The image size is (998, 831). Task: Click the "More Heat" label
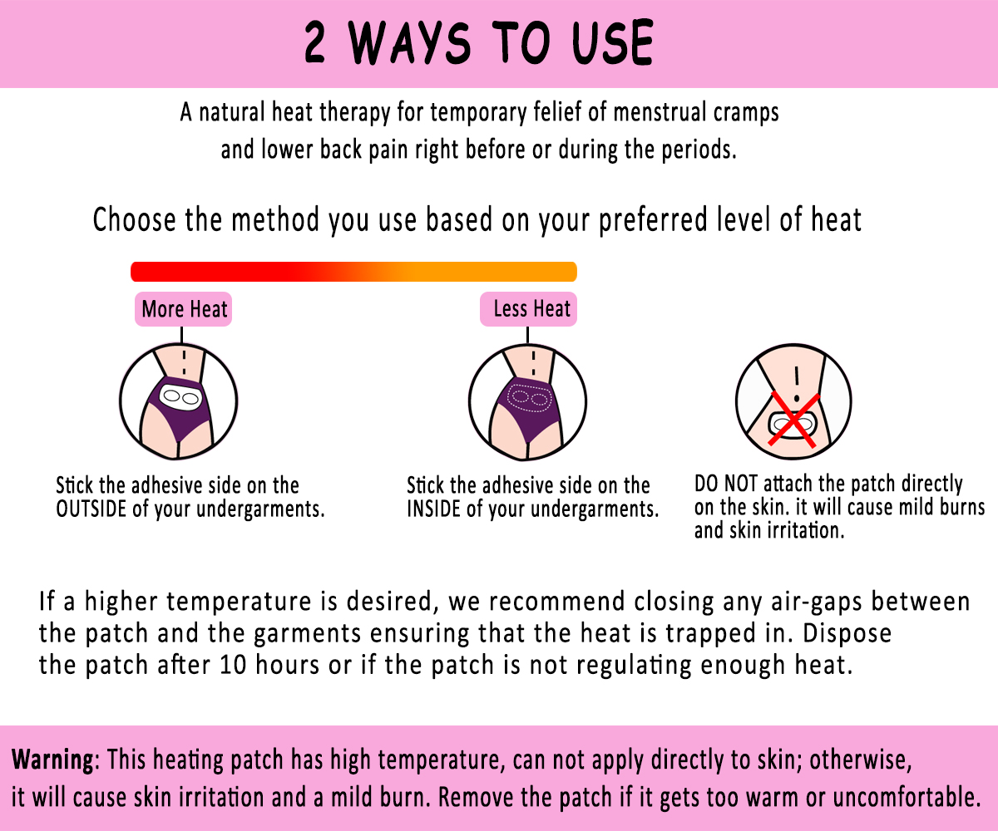[x=184, y=310]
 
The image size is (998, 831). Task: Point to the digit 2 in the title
[x=316, y=43]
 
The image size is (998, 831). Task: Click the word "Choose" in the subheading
[x=134, y=221]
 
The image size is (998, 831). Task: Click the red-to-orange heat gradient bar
[x=353, y=272]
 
